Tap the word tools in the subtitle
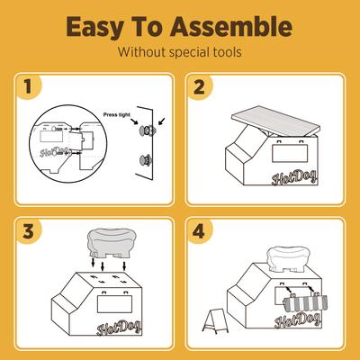[223, 52]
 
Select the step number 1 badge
[31, 88]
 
